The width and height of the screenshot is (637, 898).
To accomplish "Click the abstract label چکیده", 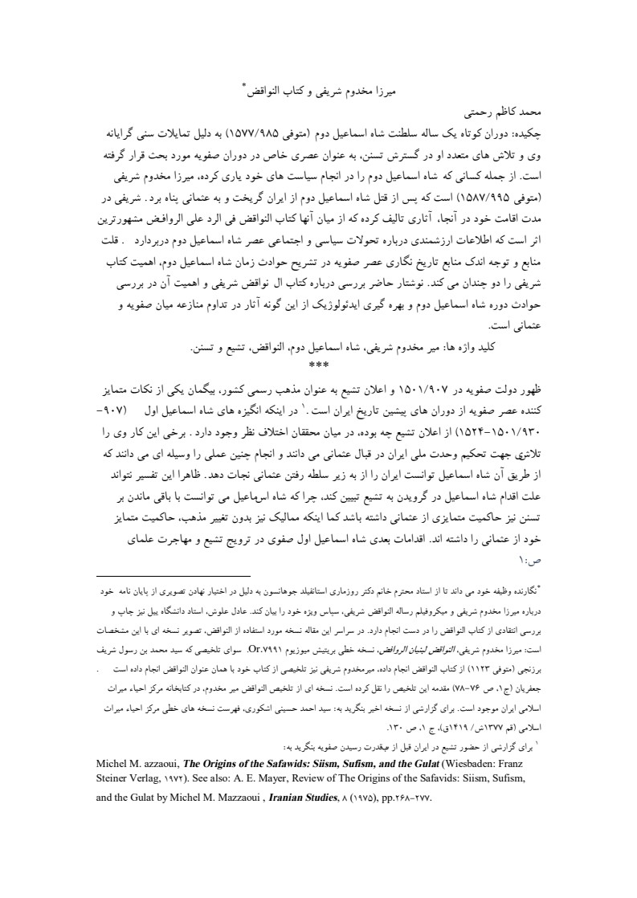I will tap(529, 131).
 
